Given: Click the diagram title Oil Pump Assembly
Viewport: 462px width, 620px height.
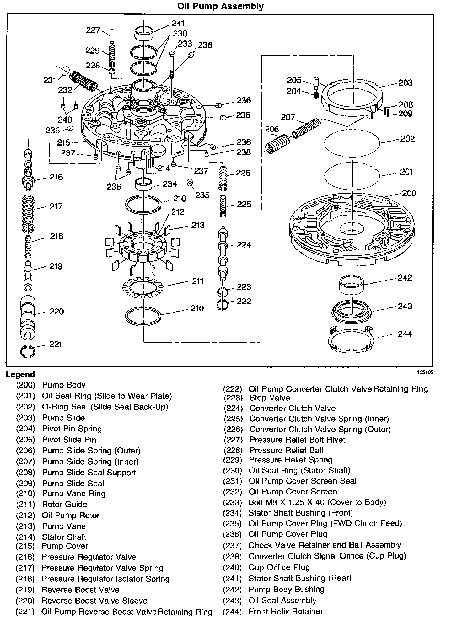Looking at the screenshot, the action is pyautogui.click(x=220, y=6).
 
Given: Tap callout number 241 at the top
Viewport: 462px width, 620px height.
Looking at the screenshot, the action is pyautogui.click(x=178, y=23).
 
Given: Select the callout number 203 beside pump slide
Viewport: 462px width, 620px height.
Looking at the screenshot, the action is pyautogui.click(x=405, y=83).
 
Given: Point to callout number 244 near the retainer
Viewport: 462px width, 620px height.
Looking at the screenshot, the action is pyautogui.click(x=405, y=334).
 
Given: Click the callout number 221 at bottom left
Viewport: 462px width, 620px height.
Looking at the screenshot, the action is pyautogui.click(x=56, y=344).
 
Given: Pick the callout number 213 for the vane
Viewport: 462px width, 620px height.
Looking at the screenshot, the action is pyautogui.click(x=198, y=225).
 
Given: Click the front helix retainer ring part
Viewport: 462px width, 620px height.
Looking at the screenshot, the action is pyautogui.click(x=352, y=340).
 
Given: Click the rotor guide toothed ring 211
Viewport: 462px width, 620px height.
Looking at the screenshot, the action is pyautogui.click(x=143, y=288).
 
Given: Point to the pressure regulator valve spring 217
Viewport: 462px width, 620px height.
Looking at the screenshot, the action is pyautogui.click(x=29, y=213).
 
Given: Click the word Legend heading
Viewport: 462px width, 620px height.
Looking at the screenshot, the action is pyautogui.click(x=20, y=374).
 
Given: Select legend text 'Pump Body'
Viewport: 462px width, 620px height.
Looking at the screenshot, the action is pyautogui.click(x=64, y=385).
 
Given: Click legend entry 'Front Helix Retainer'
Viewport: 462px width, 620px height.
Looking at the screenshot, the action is pyautogui.click(x=286, y=611).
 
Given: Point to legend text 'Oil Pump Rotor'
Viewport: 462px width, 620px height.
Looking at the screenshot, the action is pyautogui.click(x=71, y=515).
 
